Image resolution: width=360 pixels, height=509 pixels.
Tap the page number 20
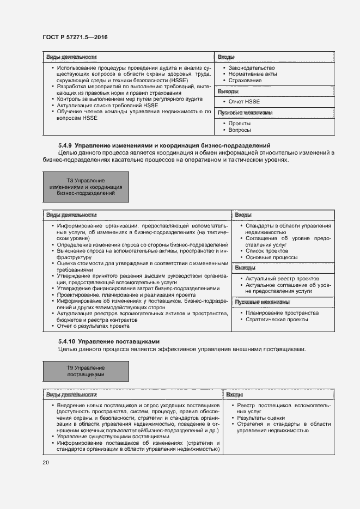[46, 463]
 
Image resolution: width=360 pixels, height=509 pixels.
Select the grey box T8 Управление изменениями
[86, 187]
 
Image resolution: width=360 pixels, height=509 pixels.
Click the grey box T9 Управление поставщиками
[86, 372]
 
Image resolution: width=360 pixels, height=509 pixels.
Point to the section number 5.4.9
[65, 145]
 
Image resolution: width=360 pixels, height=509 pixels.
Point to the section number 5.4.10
[66, 341]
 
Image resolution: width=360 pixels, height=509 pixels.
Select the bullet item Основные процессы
[271, 257]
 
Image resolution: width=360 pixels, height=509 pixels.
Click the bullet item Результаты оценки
[257, 418]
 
